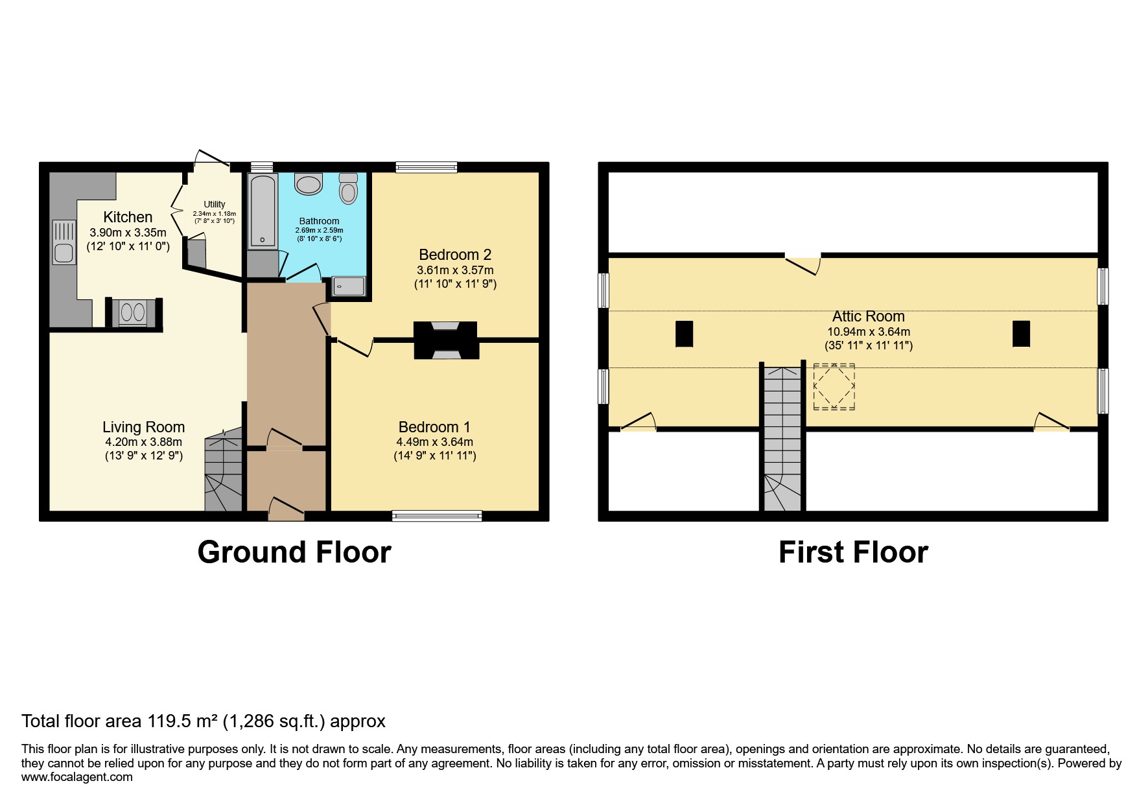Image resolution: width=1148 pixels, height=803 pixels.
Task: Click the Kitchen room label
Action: click(x=128, y=217)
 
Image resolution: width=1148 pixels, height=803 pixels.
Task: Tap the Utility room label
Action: click(x=214, y=204)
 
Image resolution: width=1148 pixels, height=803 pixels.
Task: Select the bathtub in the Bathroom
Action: click(x=261, y=211)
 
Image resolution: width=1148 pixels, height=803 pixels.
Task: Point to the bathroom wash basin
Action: click(x=309, y=184)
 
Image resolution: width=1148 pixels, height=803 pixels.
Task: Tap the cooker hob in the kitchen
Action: click(x=133, y=313)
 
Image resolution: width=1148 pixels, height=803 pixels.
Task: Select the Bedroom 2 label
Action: click(x=455, y=255)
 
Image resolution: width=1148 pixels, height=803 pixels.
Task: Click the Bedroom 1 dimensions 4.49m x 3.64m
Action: click(x=434, y=442)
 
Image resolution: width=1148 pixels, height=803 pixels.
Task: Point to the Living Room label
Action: click(x=143, y=427)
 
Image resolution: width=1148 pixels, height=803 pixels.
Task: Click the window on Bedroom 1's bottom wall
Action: click(x=437, y=516)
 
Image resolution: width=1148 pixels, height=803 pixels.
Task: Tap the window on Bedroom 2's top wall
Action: click(x=426, y=167)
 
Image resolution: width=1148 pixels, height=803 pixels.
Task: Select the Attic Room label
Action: click(x=868, y=316)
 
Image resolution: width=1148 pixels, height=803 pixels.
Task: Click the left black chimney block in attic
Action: click(x=684, y=334)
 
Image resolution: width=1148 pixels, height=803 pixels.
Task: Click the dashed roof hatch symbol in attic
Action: click(x=834, y=387)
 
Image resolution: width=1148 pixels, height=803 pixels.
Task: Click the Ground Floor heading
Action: click(x=294, y=552)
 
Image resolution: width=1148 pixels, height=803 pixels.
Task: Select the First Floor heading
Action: click(x=853, y=552)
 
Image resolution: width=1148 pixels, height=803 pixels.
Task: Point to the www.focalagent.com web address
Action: click(x=76, y=777)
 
